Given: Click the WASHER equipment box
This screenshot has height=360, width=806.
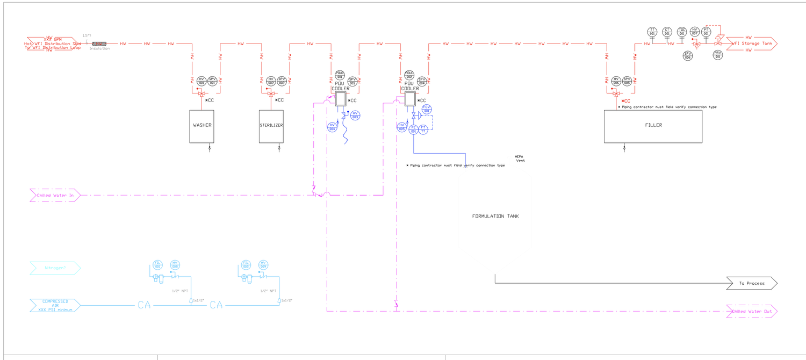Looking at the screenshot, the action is pos(202,126).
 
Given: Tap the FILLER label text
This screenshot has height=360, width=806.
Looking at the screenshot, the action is pos(653,125).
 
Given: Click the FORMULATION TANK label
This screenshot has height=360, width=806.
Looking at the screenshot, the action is pos(495,216).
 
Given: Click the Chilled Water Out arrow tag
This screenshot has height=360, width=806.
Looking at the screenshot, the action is pos(751,311).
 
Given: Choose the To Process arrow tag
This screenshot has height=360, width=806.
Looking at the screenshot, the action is pos(751,283).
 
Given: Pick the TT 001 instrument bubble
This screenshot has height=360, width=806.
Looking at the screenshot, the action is pos(652,31).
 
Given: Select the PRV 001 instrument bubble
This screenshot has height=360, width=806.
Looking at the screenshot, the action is pos(717,54).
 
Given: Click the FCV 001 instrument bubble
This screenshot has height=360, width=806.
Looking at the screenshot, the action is pos(427,109).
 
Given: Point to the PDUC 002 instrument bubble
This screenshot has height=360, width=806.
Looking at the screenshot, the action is pos(409,75).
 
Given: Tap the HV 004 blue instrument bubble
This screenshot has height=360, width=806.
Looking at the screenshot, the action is pos(332,126).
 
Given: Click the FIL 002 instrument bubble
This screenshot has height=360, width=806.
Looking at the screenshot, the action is pos(246,264).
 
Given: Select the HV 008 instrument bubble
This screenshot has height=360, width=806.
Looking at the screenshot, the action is pos(175,264).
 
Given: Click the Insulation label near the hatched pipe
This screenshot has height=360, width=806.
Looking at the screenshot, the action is pos(99,49).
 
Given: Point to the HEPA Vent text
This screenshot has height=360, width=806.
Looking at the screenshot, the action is pos(519,159).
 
